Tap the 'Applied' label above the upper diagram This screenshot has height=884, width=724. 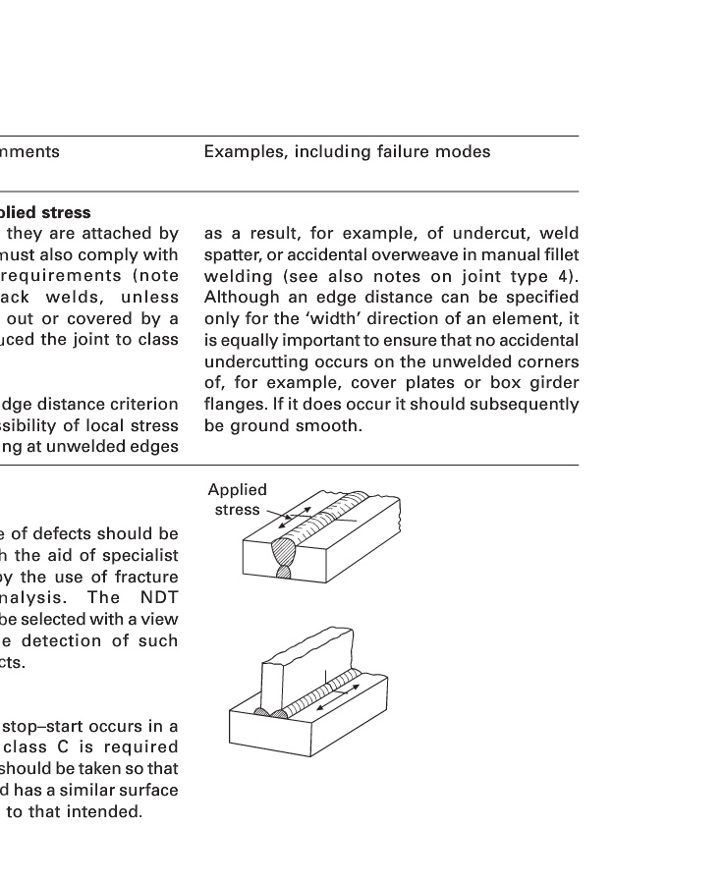(x=237, y=490)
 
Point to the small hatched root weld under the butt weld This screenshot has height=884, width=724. (x=284, y=571)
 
